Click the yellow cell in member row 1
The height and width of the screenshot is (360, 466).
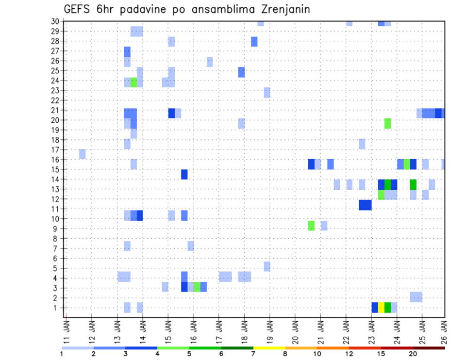[x=381, y=308]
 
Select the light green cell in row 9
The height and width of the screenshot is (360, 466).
[x=311, y=226]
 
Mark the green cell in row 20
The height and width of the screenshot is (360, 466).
[x=387, y=123]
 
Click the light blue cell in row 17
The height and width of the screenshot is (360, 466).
[x=83, y=154]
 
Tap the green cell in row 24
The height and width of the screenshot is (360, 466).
[x=133, y=82]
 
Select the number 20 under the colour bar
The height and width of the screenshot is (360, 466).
[x=413, y=354]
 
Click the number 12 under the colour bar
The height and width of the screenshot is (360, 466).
[x=349, y=354]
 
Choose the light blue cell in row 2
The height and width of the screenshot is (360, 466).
[x=416, y=297]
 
